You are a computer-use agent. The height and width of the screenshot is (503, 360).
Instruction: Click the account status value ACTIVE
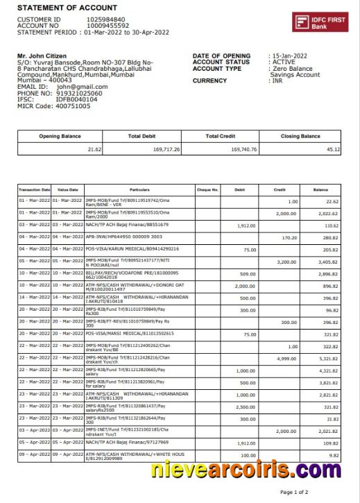[284, 62]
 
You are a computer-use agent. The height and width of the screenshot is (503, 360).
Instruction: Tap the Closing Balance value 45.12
[333, 150]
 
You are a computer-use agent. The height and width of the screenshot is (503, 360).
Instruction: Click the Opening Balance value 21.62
[94, 150]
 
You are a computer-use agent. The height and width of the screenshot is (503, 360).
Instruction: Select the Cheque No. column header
[207, 189]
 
